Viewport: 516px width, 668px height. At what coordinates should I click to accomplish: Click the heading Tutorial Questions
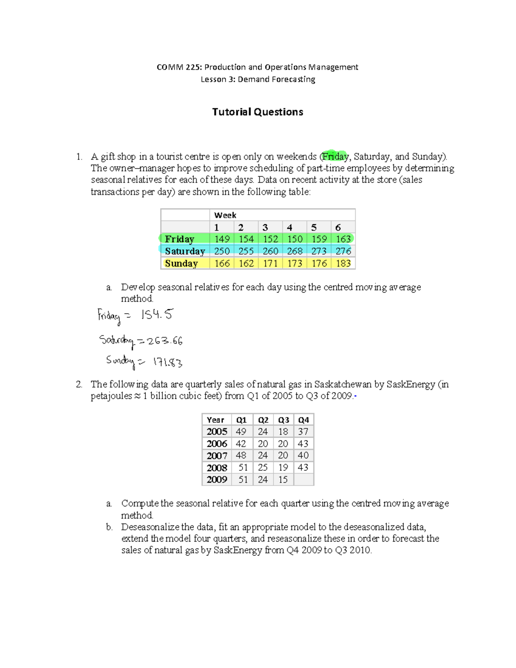[258, 112]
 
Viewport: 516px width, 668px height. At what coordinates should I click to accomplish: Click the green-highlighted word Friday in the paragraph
[335, 157]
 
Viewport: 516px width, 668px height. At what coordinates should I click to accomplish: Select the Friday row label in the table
[180, 239]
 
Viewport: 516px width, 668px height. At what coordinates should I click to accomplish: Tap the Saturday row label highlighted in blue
[185, 251]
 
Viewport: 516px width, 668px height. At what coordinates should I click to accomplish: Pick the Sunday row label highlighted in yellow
[181, 263]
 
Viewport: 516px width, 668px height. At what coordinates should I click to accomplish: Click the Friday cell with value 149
[222, 239]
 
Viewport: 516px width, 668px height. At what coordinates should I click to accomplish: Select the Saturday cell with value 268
[295, 251]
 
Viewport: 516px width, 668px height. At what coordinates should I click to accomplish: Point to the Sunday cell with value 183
[343, 263]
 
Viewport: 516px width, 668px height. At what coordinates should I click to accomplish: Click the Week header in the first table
[225, 215]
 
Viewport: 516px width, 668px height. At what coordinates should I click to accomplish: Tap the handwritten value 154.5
[157, 315]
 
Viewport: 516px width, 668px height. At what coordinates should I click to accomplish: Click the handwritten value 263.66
[165, 341]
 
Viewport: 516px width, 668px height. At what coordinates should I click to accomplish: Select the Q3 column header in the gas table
[283, 420]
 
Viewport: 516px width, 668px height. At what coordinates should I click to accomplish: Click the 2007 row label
[217, 456]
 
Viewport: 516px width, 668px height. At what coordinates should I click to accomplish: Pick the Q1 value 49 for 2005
[241, 431]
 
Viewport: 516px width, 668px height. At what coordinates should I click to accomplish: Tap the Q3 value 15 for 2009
[283, 480]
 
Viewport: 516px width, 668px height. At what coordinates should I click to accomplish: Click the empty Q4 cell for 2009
[304, 480]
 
